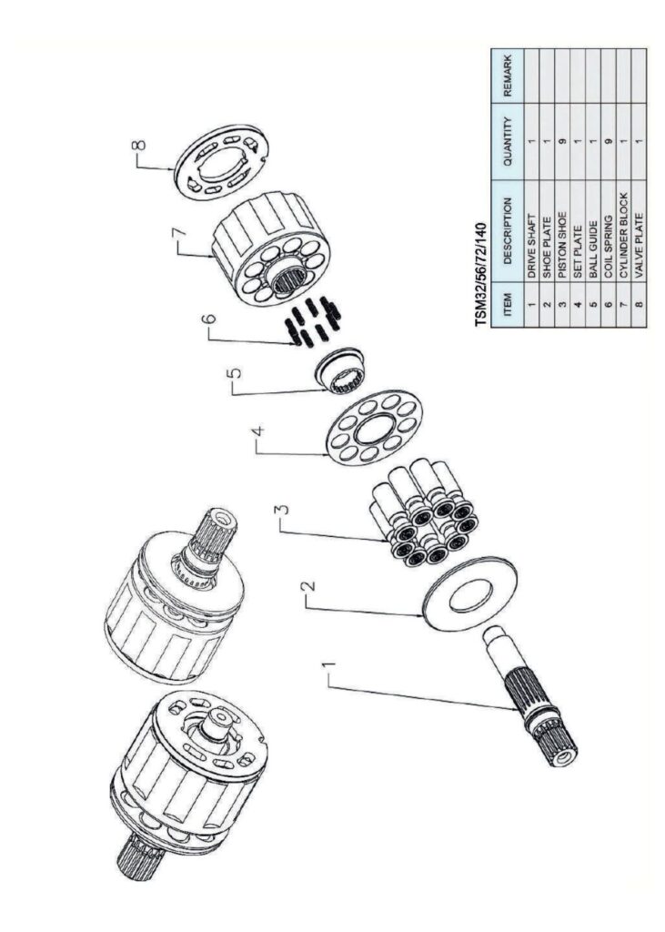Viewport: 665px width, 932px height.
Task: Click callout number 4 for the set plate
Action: (257, 442)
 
